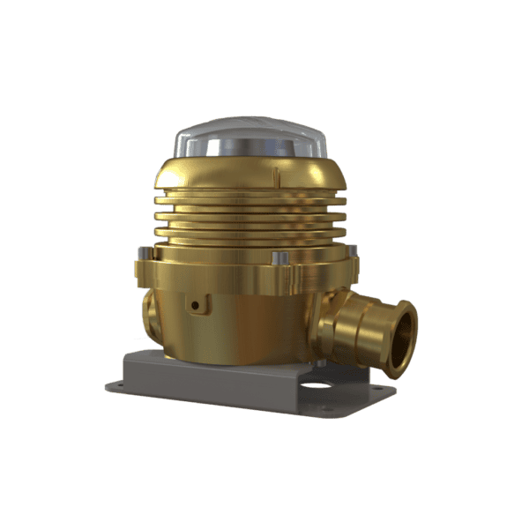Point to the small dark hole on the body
[x=196, y=305]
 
